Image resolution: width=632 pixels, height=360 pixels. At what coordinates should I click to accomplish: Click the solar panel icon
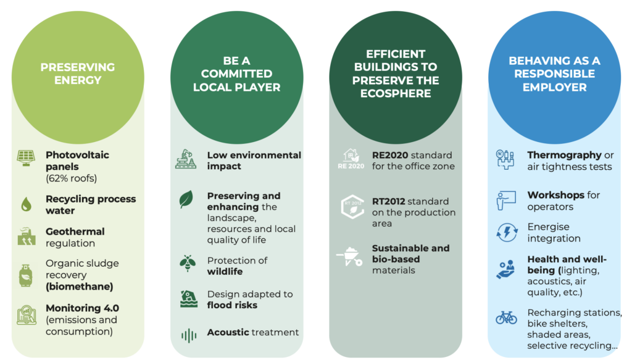[x=26, y=157]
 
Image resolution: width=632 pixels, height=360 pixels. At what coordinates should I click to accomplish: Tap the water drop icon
[x=26, y=204]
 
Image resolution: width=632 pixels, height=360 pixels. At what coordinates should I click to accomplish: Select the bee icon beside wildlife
[x=188, y=263]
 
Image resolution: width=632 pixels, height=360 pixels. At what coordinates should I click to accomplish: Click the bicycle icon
[x=506, y=317]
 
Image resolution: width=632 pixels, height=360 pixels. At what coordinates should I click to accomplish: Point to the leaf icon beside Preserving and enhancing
[x=186, y=199]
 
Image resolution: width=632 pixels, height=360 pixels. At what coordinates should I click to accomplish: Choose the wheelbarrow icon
[x=349, y=256]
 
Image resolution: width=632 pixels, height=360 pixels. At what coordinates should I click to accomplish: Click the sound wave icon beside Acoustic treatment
[x=189, y=335]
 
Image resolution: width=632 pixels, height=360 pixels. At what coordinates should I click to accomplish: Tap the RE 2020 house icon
[x=351, y=159]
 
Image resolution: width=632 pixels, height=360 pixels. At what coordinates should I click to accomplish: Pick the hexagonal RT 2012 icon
[x=352, y=206]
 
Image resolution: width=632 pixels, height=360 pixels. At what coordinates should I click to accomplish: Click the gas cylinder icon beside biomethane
[x=26, y=276]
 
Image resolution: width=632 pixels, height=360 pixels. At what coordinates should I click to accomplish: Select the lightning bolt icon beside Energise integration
[x=507, y=233]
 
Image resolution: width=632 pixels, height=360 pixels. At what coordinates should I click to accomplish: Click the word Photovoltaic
[x=77, y=155]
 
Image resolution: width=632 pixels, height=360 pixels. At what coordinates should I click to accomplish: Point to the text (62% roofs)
[x=72, y=178]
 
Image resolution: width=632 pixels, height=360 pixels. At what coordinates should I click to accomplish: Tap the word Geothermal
[x=75, y=232]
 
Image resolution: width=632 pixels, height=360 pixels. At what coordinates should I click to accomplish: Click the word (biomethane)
[x=80, y=287]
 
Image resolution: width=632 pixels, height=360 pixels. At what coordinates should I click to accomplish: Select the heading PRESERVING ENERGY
[x=78, y=73]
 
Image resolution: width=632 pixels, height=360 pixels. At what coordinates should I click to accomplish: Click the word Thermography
[x=564, y=155]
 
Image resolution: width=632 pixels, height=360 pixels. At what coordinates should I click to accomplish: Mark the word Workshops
[x=556, y=195]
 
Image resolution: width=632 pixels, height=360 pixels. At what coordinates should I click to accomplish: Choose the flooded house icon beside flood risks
[x=189, y=299]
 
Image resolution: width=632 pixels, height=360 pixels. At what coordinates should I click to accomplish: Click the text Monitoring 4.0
[x=82, y=308]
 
